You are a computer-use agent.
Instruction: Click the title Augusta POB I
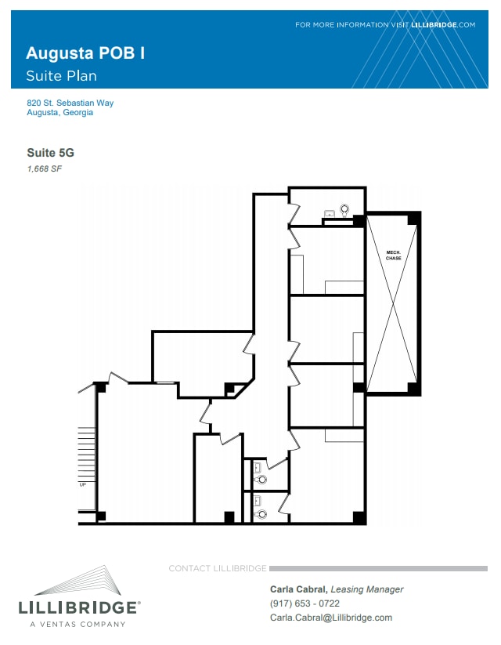(x=85, y=53)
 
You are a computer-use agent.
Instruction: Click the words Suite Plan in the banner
(x=61, y=76)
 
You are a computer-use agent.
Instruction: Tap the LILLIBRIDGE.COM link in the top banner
(x=443, y=25)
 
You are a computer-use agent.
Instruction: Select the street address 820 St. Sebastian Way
(x=70, y=103)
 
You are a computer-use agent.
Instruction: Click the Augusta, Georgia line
(x=59, y=113)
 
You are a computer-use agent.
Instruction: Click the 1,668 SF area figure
(x=44, y=168)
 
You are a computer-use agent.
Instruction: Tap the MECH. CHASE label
(x=393, y=255)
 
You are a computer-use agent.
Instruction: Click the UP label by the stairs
(x=82, y=484)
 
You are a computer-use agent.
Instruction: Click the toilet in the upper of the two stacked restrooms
(x=261, y=478)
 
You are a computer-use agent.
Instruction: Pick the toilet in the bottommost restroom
(x=261, y=513)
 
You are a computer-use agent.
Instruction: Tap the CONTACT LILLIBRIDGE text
(x=218, y=568)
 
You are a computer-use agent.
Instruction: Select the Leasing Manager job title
(x=367, y=589)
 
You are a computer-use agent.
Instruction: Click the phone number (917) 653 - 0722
(x=305, y=603)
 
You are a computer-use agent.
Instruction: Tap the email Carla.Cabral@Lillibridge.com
(x=330, y=618)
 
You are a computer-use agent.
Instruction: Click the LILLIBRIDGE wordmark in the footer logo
(x=79, y=607)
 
